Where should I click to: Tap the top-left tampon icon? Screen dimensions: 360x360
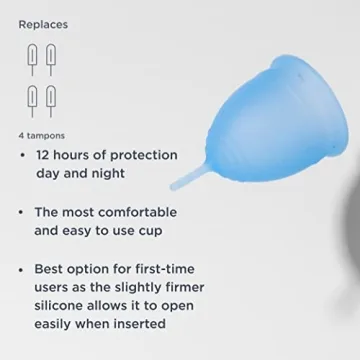(x=32, y=59)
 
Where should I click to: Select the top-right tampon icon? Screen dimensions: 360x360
(x=50, y=59)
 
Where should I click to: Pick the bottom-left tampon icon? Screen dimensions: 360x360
(x=32, y=101)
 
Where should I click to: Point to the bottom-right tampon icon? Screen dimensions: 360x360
(x=50, y=101)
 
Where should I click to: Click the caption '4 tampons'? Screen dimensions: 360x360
(x=42, y=135)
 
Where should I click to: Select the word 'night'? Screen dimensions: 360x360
(x=106, y=173)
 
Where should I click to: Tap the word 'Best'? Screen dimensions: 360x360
(x=51, y=269)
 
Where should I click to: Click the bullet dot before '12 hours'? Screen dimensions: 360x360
(x=22, y=156)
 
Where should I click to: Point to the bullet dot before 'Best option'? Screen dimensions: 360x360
(x=22, y=270)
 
